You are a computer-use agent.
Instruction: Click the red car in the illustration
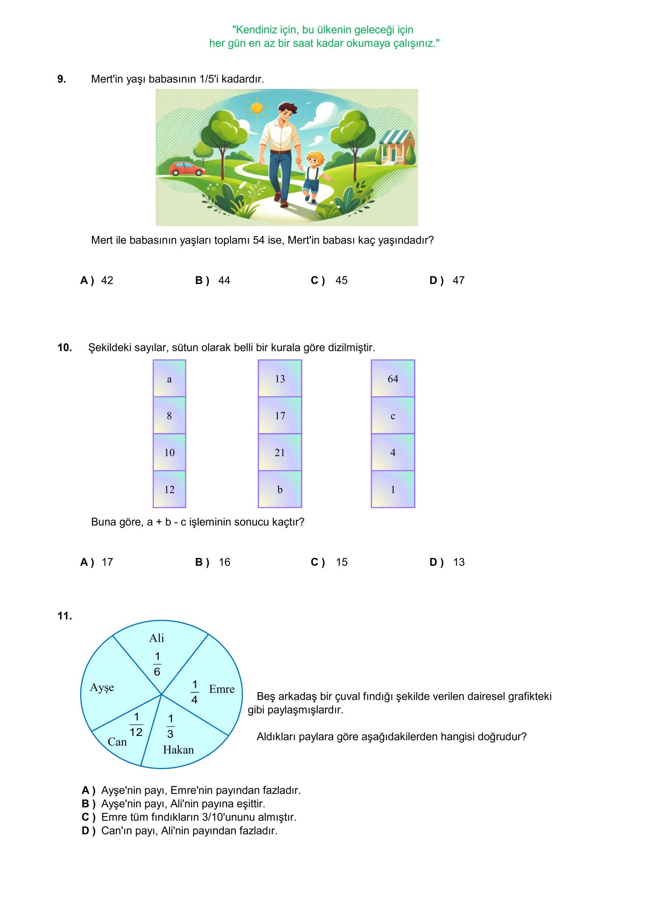click(187, 168)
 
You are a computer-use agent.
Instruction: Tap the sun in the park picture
click(257, 107)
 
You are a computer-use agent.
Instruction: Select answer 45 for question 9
click(341, 280)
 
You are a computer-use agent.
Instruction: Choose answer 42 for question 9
click(107, 280)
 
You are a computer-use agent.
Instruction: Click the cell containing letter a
click(169, 379)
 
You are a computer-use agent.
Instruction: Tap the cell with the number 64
click(393, 379)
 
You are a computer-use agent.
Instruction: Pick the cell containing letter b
click(280, 489)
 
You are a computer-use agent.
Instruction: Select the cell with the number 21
click(280, 453)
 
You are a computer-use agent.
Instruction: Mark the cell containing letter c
click(393, 416)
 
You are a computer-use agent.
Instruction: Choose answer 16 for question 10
click(224, 562)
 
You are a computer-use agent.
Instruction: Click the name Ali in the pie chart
click(157, 638)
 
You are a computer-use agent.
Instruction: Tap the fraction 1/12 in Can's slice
click(136, 724)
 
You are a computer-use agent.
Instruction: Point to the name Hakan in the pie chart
click(178, 750)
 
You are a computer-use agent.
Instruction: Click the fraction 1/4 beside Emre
click(195, 692)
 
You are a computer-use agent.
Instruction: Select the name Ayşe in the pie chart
click(102, 687)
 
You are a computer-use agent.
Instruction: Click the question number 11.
click(65, 616)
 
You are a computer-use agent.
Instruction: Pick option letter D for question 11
click(88, 831)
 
